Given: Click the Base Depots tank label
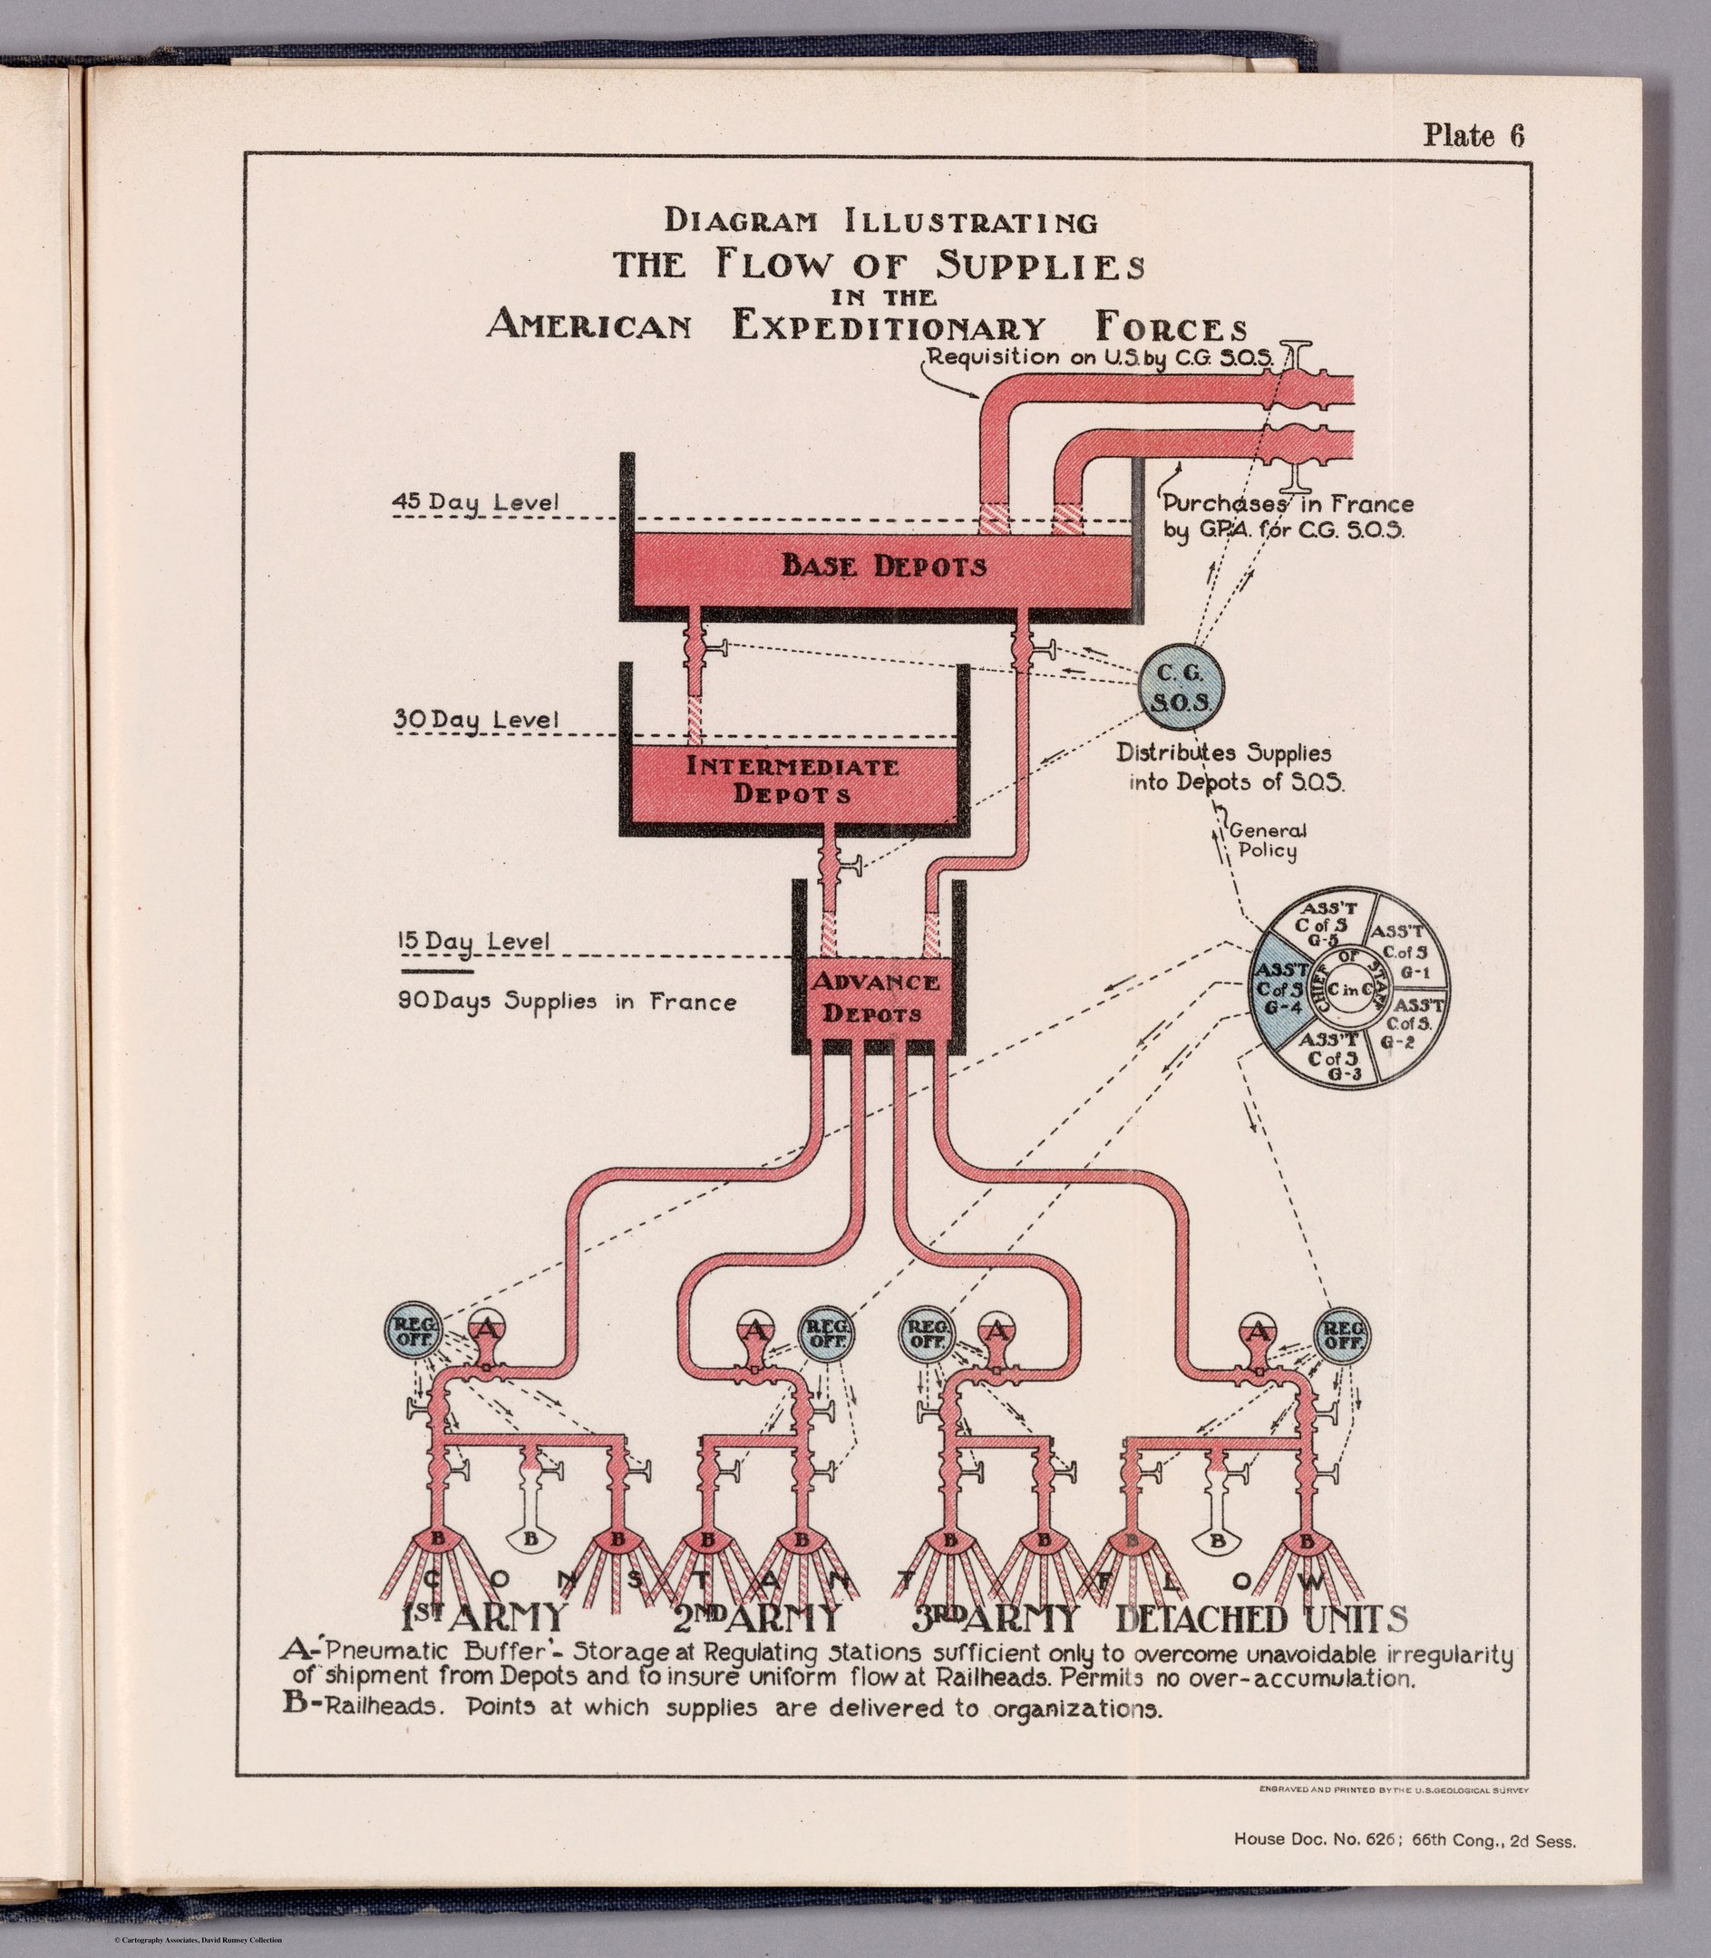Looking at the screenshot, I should click(883, 567).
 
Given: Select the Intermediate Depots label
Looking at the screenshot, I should click(792, 780).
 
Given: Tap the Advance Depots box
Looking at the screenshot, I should click(876, 998).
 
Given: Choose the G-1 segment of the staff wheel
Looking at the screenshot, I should click(1405, 951).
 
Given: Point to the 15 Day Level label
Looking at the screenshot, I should click(472, 941).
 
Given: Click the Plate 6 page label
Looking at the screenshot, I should click(1473, 136).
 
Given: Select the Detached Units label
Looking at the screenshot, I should click(1261, 1618).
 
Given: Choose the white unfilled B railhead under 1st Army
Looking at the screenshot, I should click(532, 1539).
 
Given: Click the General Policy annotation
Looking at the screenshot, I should click(1267, 841).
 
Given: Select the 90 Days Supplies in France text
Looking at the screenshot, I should click(567, 1003).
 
